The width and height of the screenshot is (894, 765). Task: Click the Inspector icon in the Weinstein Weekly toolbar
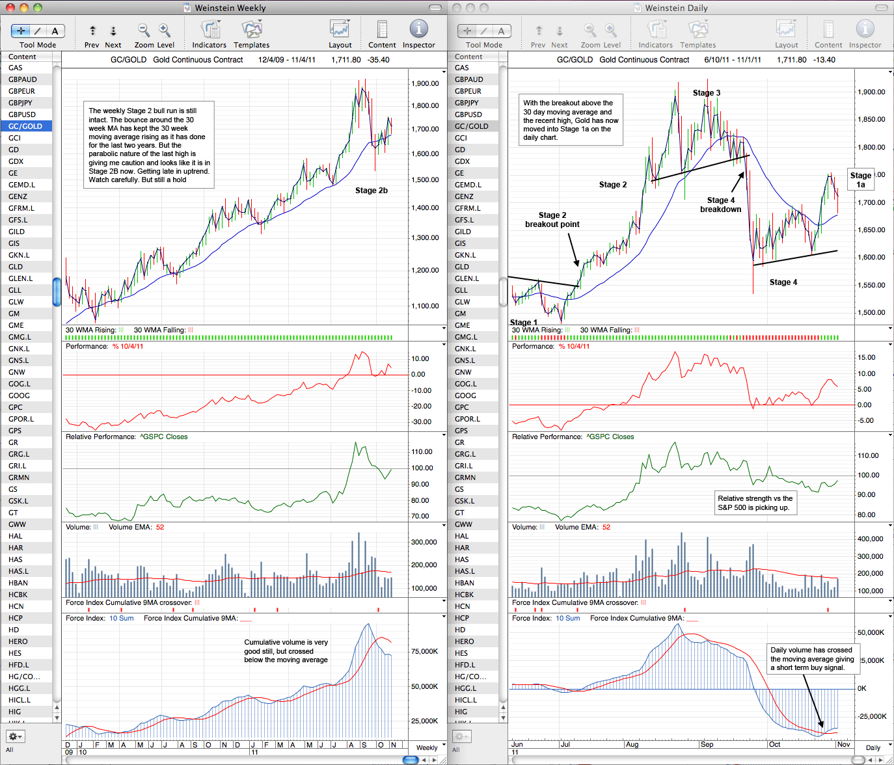418,29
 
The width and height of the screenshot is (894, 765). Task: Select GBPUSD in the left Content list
23,114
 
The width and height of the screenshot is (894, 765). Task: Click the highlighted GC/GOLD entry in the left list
25,126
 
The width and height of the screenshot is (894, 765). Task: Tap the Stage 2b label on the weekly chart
371,191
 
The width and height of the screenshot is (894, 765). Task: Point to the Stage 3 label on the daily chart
707,93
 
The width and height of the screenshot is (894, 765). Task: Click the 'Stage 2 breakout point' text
552,220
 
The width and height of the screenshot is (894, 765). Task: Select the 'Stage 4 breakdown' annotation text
720,205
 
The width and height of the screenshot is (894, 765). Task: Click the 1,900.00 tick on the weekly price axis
425,83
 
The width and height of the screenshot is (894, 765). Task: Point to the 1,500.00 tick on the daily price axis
871,312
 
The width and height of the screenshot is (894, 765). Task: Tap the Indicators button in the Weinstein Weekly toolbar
210,34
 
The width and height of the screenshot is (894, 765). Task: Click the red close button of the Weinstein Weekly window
10,7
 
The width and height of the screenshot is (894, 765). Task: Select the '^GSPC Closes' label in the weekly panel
164,436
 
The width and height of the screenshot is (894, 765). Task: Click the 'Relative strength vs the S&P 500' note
755,503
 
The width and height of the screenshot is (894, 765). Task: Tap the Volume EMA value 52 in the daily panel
606,527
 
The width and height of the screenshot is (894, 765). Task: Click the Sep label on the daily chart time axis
707,744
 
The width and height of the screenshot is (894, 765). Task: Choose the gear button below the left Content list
15,736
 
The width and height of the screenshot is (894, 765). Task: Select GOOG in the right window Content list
465,396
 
